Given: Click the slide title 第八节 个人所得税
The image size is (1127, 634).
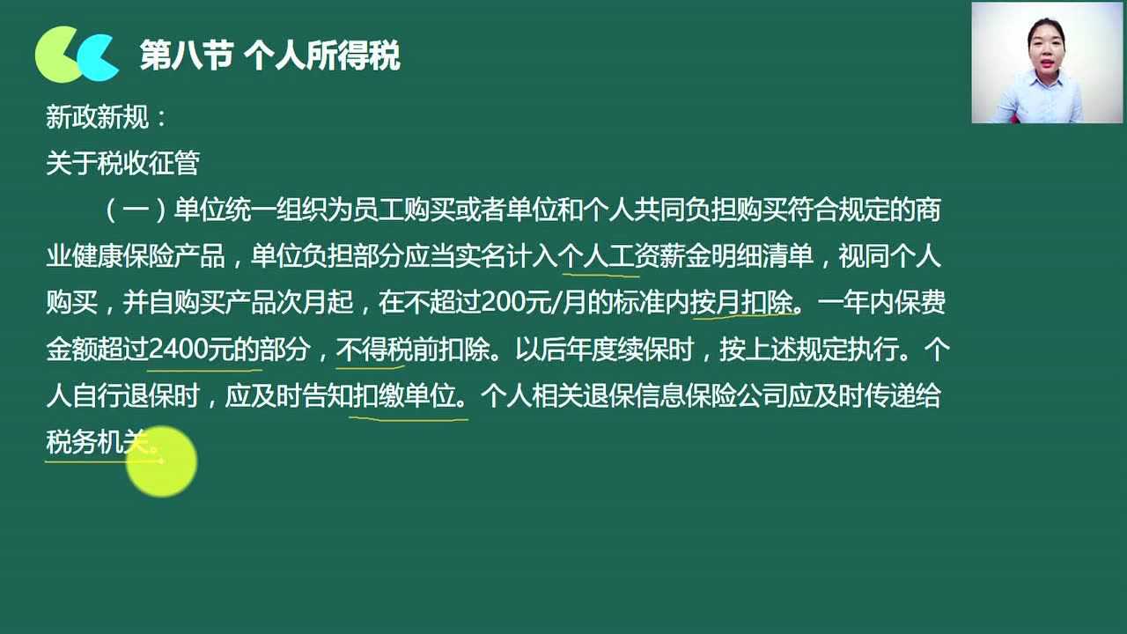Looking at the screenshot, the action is point(270,55).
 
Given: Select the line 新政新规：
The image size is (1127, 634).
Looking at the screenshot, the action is point(107,117).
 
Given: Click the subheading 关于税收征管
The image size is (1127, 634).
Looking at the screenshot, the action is point(122,163).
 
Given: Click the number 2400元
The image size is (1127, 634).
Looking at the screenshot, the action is point(191,349).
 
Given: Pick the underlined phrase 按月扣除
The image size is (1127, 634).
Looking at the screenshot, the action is point(741,302).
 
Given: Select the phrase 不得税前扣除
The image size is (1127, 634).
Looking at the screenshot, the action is point(413,349).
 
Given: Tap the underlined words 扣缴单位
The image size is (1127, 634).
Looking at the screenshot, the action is point(404,395).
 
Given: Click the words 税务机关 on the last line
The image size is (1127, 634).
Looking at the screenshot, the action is point(97,442).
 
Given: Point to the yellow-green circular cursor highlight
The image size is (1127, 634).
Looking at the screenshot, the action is point(161,461).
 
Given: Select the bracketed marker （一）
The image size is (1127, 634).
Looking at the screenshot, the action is point(136,210).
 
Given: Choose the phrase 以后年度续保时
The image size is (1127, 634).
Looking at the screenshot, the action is point(604,349).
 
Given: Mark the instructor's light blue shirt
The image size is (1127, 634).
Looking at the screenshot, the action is point(1041,98).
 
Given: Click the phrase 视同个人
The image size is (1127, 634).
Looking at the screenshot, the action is point(889,256).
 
